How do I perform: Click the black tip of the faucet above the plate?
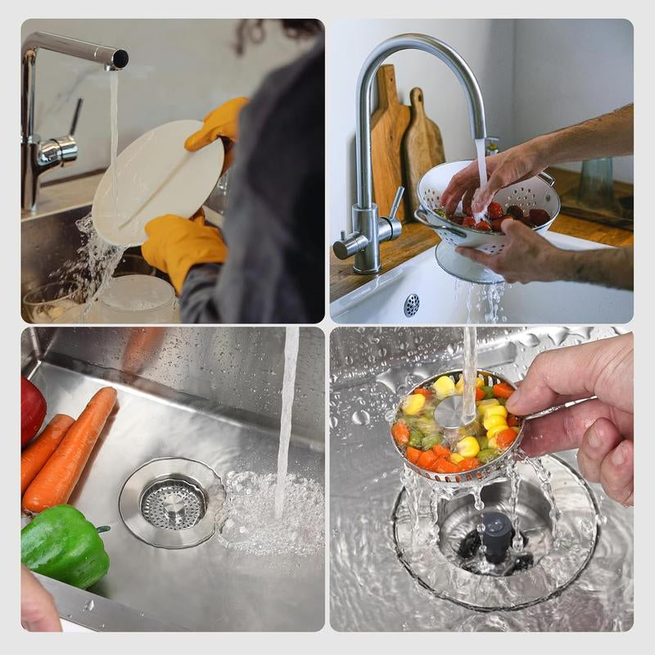[120, 58]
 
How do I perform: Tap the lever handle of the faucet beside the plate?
[75, 118]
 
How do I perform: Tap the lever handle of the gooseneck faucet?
[395, 202]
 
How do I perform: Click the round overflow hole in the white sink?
[411, 305]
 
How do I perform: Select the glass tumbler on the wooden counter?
[595, 183]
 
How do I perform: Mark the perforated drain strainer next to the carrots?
[172, 502]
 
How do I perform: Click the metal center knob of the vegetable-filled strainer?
[451, 412]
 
